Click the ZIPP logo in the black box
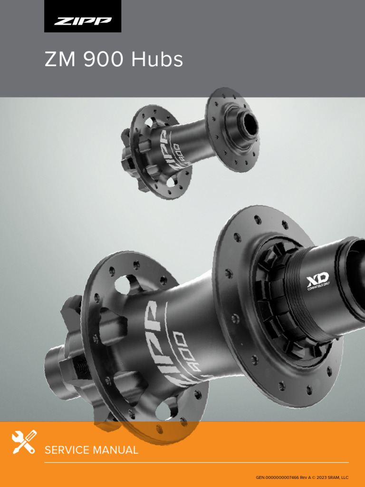[x=83, y=21]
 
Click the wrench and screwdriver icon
[x=24, y=442]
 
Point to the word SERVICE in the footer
[x=66, y=450]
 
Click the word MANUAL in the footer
[x=115, y=450]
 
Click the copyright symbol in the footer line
[x=313, y=477]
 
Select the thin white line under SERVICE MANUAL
[x=196, y=462]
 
